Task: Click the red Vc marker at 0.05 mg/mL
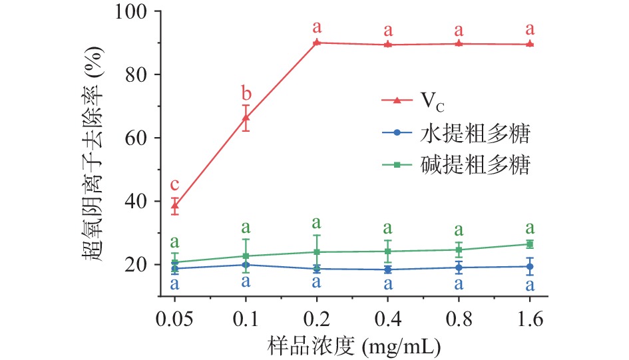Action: click(175, 206)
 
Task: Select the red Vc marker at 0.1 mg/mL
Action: click(246, 118)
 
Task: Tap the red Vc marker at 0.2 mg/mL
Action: click(317, 43)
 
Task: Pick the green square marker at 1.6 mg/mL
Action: click(530, 244)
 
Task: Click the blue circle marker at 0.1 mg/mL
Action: click(246, 265)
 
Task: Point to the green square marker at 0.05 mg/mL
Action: click(175, 262)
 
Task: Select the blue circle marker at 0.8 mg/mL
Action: click(459, 268)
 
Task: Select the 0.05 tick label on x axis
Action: click(174, 316)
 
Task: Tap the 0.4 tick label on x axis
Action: click(387, 316)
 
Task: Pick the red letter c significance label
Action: click(175, 185)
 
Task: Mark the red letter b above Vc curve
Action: click(246, 91)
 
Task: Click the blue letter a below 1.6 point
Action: click(530, 286)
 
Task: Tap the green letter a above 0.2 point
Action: click(317, 222)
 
